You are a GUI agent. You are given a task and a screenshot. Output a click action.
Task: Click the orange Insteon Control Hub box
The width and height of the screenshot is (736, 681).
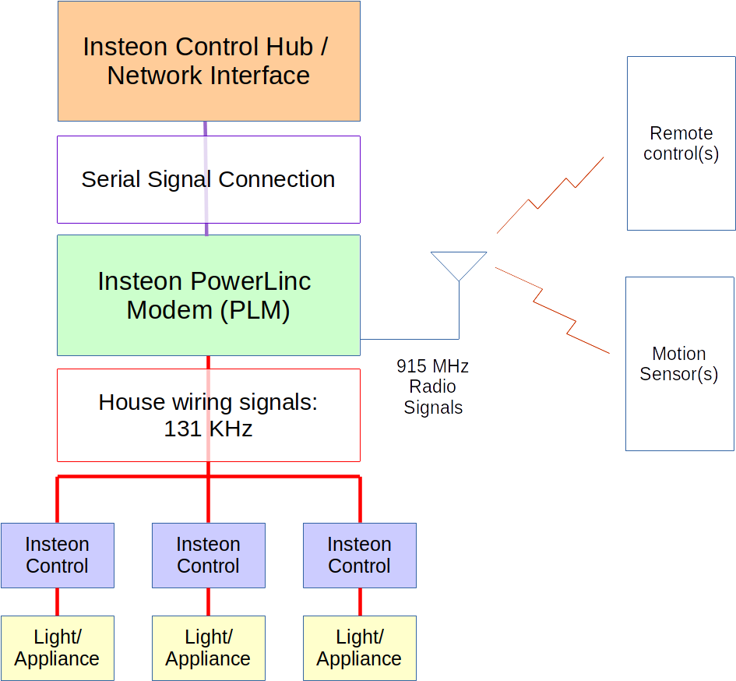tap(209, 61)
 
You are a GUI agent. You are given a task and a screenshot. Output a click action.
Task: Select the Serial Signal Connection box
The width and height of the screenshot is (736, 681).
tap(209, 179)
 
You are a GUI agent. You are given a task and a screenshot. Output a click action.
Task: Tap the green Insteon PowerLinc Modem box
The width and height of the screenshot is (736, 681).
tap(209, 295)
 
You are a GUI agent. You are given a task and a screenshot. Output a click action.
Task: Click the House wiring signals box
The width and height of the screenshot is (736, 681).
tap(209, 415)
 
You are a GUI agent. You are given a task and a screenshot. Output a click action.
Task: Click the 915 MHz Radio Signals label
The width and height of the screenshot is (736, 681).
tap(433, 386)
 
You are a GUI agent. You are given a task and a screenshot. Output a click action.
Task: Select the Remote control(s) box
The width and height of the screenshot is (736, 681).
tap(681, 143)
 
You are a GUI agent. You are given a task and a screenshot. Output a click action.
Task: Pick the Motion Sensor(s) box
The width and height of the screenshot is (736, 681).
tap(679, 364)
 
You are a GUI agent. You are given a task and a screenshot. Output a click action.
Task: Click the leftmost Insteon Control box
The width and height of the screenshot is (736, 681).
tap(58, 555)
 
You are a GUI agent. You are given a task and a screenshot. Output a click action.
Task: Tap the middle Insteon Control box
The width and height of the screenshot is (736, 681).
tap(209, 555)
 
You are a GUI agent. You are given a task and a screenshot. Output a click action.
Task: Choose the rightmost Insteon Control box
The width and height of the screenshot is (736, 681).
tap(359, 555)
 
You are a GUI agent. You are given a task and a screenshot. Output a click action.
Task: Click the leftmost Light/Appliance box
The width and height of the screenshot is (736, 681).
tap(58, 647)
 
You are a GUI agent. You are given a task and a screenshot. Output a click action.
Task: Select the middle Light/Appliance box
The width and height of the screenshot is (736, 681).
tap(209, 647)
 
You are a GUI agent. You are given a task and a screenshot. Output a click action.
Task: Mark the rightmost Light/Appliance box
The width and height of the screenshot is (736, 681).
tap(359, 647)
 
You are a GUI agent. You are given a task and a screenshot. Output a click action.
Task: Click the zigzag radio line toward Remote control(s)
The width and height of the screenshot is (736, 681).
tap(551, 195)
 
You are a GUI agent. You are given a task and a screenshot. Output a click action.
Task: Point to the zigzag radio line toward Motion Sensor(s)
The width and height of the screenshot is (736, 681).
tap(552, 310)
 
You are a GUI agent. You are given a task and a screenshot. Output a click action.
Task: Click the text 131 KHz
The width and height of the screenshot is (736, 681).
tap(208, 429)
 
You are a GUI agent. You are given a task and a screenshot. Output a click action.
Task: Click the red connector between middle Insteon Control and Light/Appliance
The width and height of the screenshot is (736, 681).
tap(208, 602)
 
